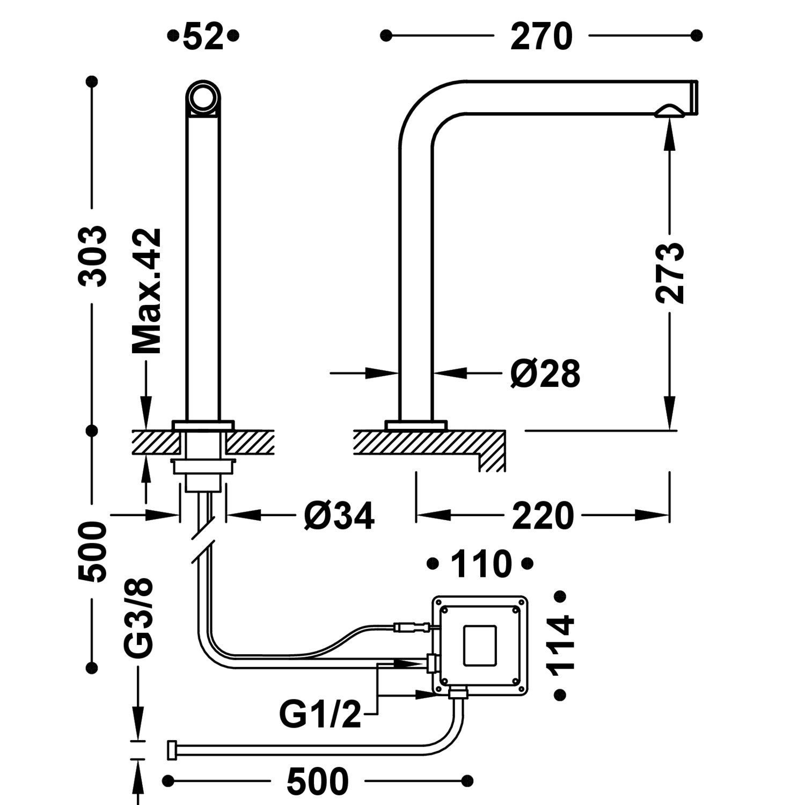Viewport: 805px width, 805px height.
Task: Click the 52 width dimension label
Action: click(203, 37)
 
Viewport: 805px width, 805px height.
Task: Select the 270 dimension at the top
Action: click(541, 37)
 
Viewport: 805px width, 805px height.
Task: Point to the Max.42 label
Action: click(147, 291)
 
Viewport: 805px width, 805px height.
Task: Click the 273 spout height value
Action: click(670, 273)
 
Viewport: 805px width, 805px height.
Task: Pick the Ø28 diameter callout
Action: click(545, 374)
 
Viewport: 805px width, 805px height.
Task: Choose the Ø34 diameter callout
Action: click(339, 516)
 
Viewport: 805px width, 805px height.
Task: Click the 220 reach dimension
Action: click(543, 516)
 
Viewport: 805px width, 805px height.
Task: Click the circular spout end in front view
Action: click(203, 98)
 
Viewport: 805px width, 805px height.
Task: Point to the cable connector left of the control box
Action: click(411, 626)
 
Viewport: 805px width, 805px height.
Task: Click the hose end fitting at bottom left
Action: click(172, 750)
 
